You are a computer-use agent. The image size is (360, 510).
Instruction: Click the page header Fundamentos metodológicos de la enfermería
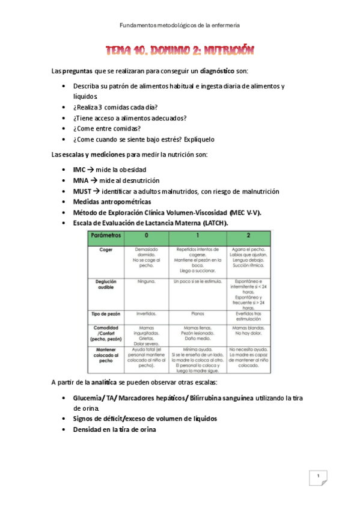click(180, 25)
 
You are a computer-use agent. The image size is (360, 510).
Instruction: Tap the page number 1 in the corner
click(318, 478)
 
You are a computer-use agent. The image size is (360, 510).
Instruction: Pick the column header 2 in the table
click(249, 236)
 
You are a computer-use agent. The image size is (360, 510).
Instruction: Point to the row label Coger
click(105, 249)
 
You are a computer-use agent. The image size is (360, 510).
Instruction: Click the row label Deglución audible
click(105, 284)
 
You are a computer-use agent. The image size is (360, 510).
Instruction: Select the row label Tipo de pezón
click(105, 313)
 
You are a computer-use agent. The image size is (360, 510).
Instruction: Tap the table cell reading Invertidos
click(145, 313)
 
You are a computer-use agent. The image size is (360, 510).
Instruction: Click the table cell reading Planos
click(198, 313)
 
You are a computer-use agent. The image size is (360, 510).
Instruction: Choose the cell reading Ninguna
click(145, 281)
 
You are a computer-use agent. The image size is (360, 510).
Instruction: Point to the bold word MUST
click(82, 191)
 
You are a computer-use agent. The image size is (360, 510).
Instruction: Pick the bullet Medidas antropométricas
click(112, 201)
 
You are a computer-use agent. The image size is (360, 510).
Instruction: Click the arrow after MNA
click(94, 181)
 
